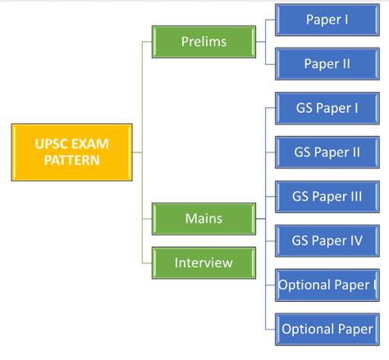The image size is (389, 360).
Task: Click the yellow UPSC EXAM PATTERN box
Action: [x=71, y=152]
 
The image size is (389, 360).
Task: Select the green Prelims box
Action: [x=204, y=41]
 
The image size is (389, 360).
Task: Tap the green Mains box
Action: [x=204, y=219]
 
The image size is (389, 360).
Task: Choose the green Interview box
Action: [x=204, y=263]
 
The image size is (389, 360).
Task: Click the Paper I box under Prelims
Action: [x=326, y=20]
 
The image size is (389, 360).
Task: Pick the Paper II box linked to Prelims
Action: [x=326, y=64]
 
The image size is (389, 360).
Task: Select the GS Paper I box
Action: [x=326, y=108]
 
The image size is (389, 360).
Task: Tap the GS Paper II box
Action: [x=326, y=153]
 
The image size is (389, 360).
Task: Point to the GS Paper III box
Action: [x=326, y=197]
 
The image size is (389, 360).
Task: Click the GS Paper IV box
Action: [x=326, y=241]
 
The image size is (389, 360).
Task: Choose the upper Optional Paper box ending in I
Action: [x=326, y=285]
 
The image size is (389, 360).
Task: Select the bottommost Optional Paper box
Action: [x=326, y=330]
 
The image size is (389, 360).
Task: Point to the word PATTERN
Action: [x=71, y=160]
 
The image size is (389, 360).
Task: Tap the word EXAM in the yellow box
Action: [x=90, y=144]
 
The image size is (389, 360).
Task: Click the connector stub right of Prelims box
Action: [x=260, y=41]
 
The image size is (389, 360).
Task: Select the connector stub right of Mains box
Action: [x=260, y=219]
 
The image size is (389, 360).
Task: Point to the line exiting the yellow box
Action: [x=137, y=152]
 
